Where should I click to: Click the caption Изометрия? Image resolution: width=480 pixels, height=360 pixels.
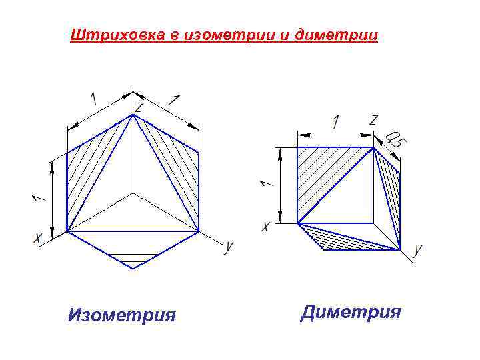tap(122, 313)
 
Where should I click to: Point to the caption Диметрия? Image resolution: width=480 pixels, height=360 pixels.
tap(351, 311)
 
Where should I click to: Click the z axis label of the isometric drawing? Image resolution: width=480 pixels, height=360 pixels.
tap(139, 107)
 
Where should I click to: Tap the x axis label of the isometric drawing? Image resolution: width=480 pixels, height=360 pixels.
tap(38, 237)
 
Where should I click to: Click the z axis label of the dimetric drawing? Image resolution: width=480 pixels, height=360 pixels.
tap(373, 120)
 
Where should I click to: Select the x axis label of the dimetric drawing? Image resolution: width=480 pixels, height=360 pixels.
tap(266, 227)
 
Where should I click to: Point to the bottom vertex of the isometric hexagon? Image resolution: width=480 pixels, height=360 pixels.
tap(133, 269)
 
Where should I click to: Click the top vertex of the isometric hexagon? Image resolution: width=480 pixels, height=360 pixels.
tap(133, 115)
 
